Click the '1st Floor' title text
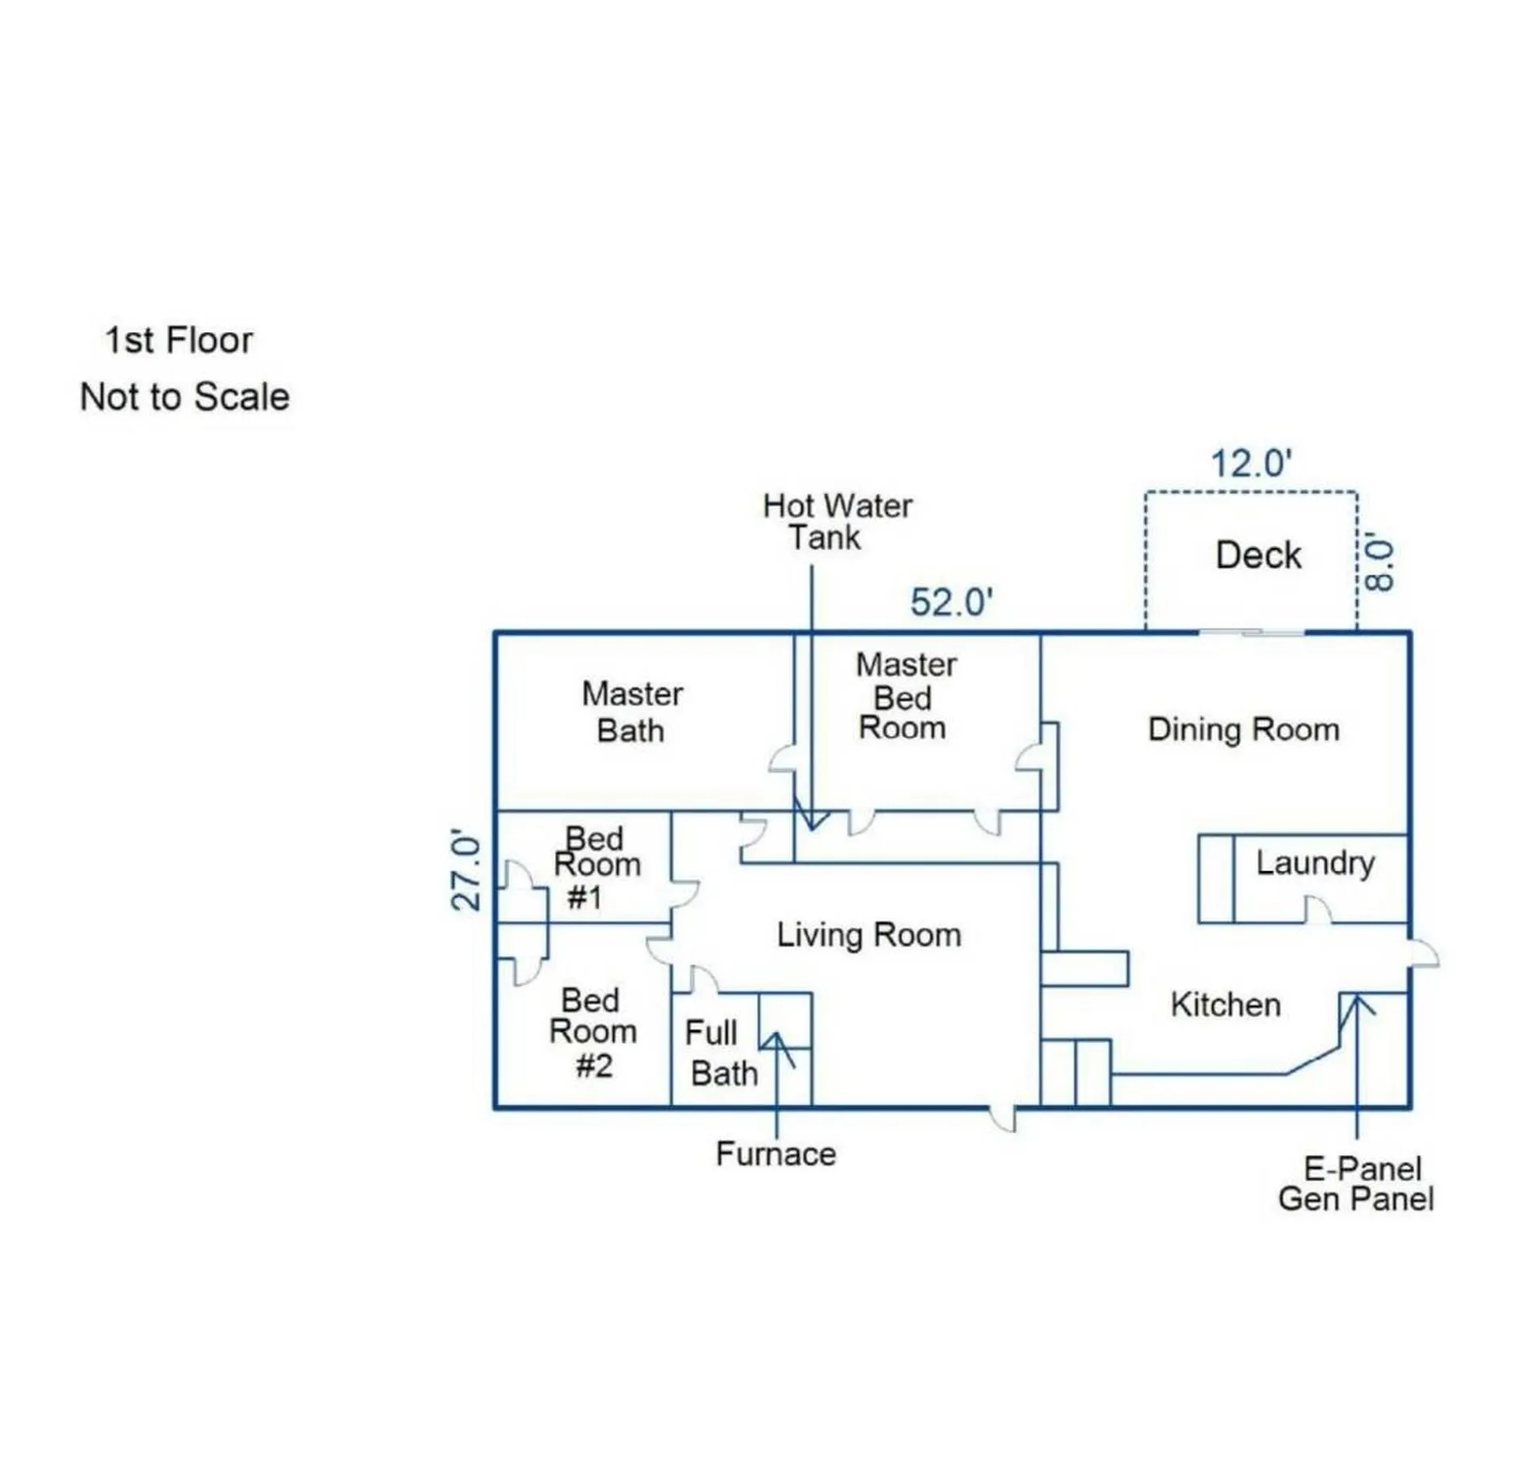coord(179,340)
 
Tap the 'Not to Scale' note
coord(184,397)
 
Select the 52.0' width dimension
coord(951,603)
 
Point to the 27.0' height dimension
coord(466,870)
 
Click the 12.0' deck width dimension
coord(1250,464)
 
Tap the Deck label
coord(1258,555)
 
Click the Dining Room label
coord(1244,730)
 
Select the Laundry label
coord(1315,863)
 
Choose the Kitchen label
coord(1226,1004)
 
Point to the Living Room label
coord(869,935)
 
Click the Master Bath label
coord(632,712)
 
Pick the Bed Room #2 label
coord(593,1033)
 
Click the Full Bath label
coord(721,1053)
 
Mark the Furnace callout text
coord(776,1154)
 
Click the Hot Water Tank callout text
coord(837,521)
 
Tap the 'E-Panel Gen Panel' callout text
coord(1356,1183)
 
